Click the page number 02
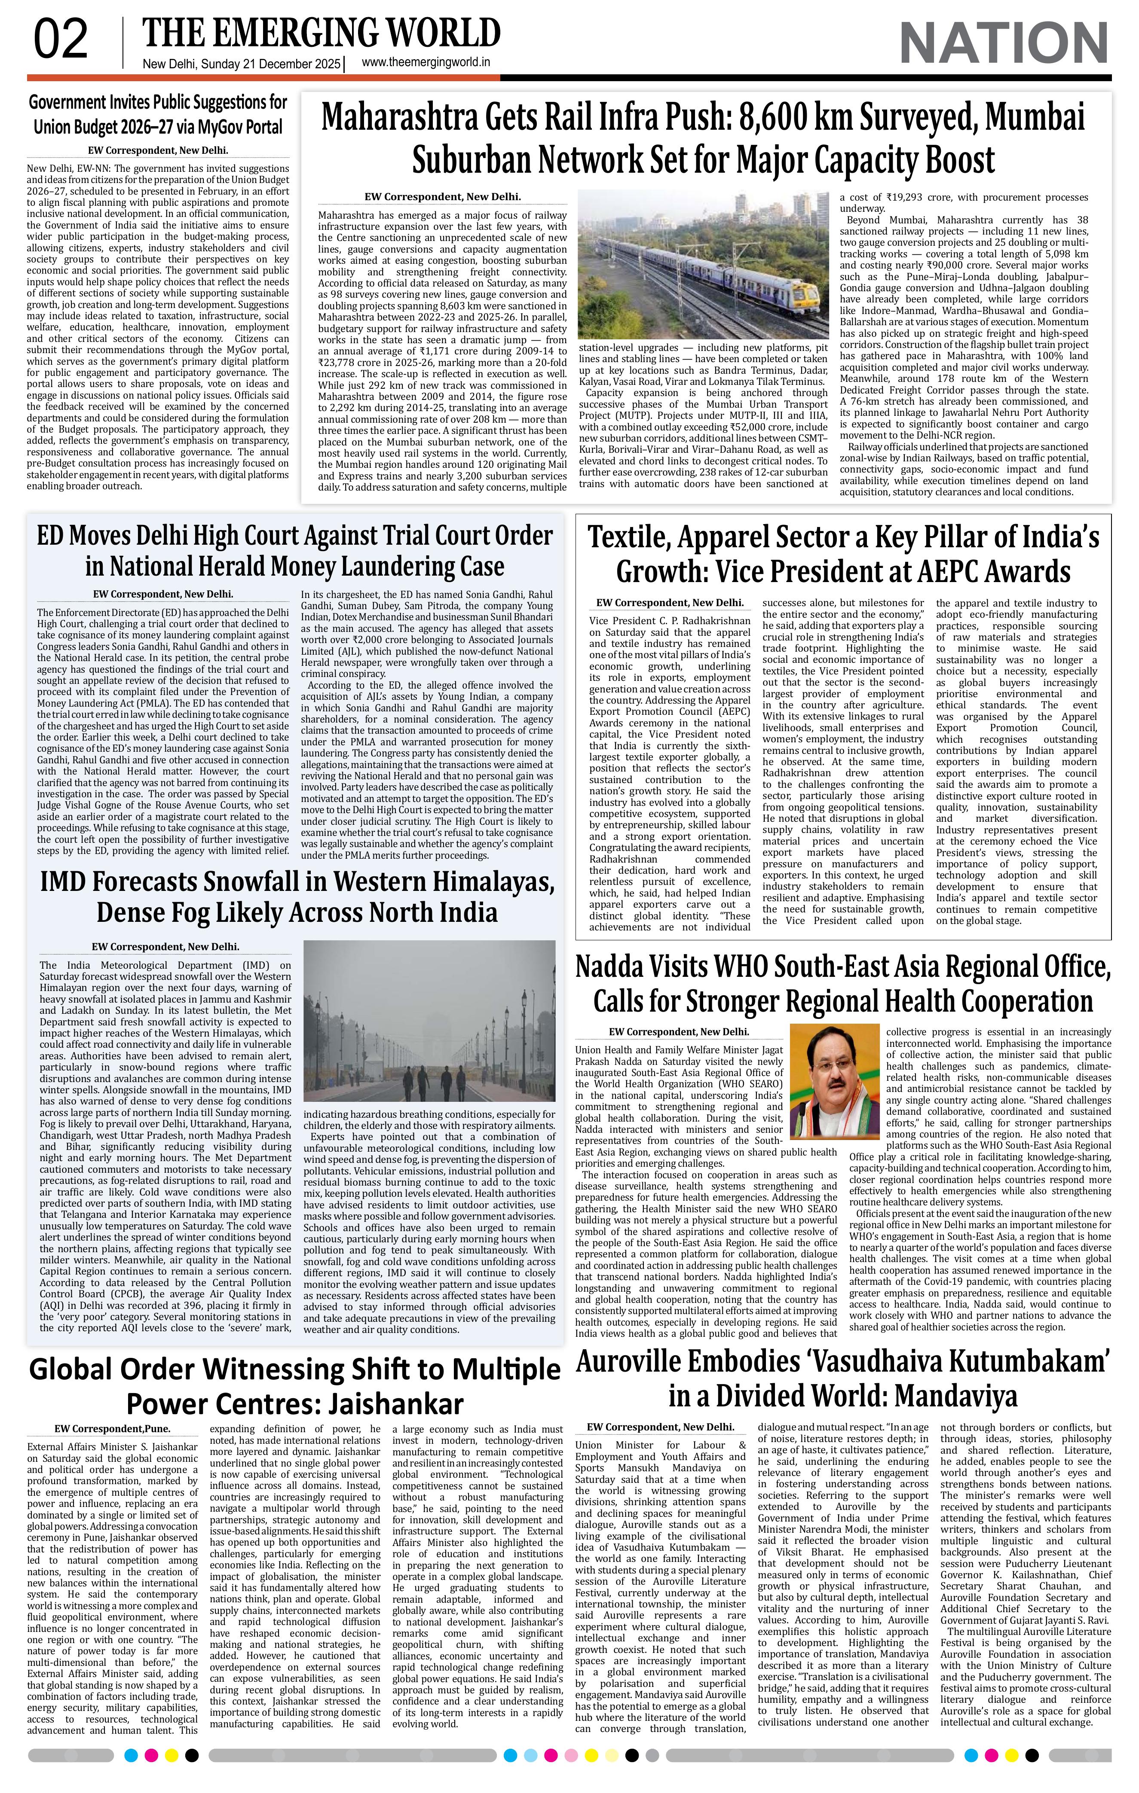pos(61,41)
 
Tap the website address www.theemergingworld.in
pos(426,63)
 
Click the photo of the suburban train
pos(702,264)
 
